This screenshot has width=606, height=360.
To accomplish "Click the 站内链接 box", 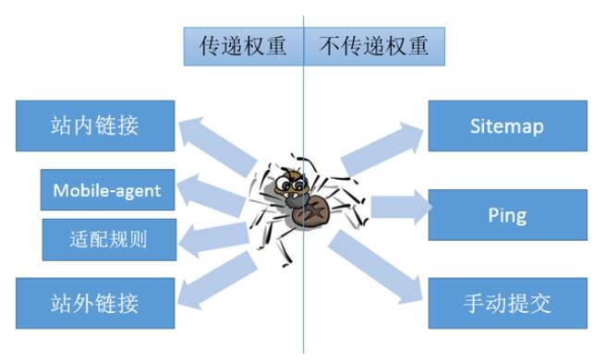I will [95, 126].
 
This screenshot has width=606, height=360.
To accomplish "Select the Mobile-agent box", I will [107, 191].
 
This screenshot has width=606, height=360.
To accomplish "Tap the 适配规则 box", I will [108, 240].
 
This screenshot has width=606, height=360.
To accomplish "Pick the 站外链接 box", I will [95, 302].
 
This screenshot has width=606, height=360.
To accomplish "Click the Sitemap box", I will [507, 126].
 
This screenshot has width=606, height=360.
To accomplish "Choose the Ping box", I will [507, 215].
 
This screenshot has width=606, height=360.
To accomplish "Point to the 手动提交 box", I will [507, 303].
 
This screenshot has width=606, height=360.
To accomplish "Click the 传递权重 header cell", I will [244, 46].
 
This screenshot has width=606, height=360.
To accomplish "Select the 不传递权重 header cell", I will [374, 46].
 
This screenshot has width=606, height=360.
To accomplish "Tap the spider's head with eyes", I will [295, 181].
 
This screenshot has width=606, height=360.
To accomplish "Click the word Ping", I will [507, 215].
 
